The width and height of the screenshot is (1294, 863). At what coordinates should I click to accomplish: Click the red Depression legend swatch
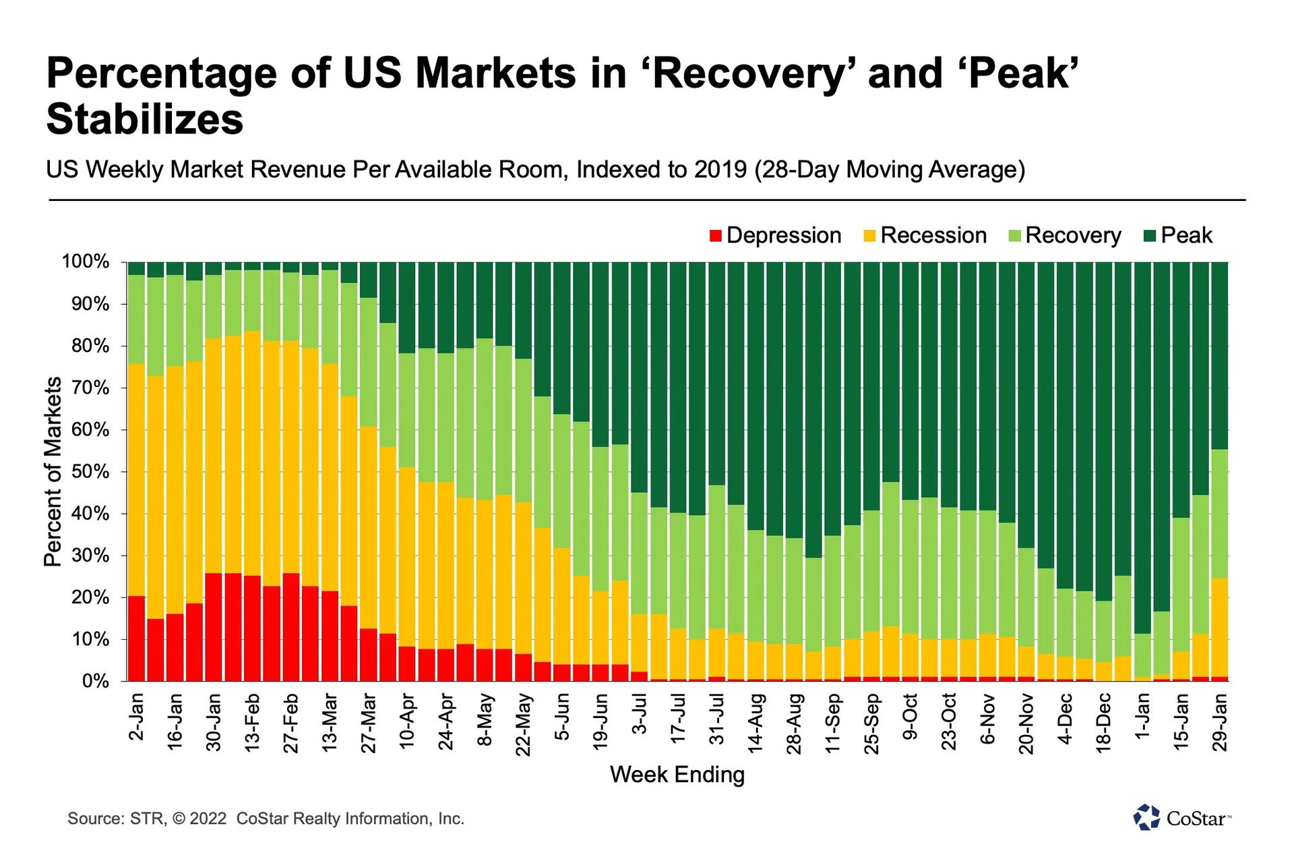(x=716, y=235)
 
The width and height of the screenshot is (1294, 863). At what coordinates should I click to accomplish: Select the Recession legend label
(x=933, y=235)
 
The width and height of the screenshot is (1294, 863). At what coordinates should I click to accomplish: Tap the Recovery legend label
(x=1073, y=236)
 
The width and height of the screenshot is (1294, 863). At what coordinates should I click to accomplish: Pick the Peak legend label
(x=1186, y=235)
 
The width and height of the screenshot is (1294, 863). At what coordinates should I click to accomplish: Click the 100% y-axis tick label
(x=86, y=262)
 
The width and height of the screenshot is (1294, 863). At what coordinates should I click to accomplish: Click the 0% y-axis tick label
(x=96, y=681)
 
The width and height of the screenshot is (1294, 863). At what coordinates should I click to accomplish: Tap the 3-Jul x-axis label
(x=640, y=714)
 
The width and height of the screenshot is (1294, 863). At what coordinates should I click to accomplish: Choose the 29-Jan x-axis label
(x=1219, y=723)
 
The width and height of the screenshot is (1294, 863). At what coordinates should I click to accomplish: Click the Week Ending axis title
(x=677, y=775)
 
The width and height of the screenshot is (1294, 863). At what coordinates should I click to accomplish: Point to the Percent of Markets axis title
(x=53, y=471)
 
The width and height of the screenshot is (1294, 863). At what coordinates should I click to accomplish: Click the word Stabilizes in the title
(x=145, y=119)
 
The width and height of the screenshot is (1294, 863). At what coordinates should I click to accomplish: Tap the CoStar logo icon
(x=1146, y=817)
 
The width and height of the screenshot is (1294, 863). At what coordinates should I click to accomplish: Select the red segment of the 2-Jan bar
(x=137, y=638)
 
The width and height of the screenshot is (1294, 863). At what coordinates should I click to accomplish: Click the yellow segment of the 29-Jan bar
(x=1219, y=628)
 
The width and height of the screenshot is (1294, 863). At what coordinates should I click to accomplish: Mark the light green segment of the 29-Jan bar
(x=1219, y=514)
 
